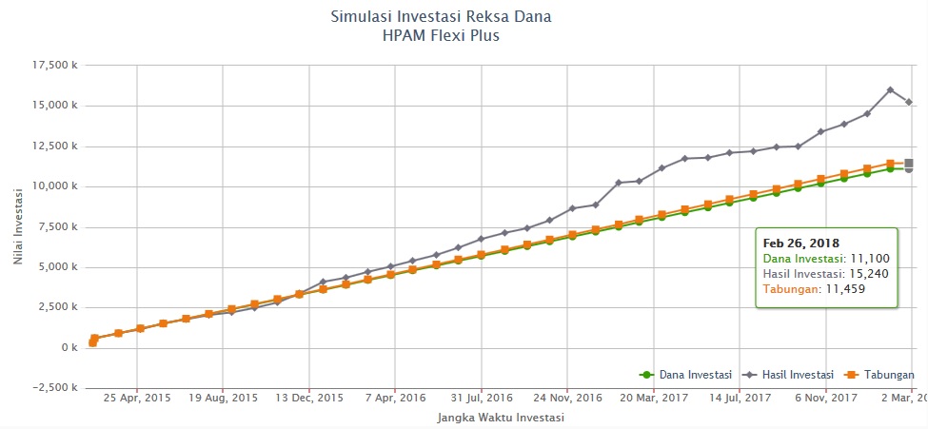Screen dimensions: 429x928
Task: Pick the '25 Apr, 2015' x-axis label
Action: (x=137, y=400)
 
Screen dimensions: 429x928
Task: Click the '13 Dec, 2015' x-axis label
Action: (x=308, y=400)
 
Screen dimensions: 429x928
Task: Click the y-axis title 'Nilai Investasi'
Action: (x=20, y=225)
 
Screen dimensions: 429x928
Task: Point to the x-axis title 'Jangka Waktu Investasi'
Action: (x=500, y=417)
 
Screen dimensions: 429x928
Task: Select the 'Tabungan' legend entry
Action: (x=882, y=375)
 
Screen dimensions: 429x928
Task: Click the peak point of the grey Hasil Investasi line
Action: (x=890, y=89)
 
